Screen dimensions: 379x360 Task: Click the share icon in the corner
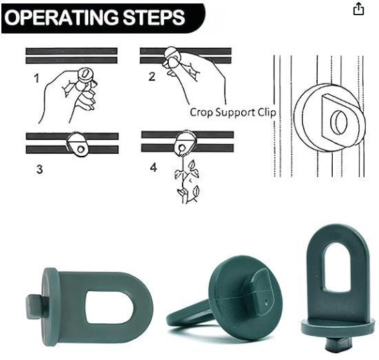[358, 9]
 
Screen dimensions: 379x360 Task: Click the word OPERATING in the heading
[61, 17]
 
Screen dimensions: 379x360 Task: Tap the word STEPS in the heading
[154, 17]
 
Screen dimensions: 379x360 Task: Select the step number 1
[37, 79]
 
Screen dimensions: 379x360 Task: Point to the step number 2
[152, 77]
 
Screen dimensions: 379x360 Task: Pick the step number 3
[40, 169]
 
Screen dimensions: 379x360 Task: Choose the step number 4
[154, 167]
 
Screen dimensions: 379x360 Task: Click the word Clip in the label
[267, 112]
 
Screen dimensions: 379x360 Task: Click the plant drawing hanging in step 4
[187, 180]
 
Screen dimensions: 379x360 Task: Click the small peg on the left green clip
[34, 306]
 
